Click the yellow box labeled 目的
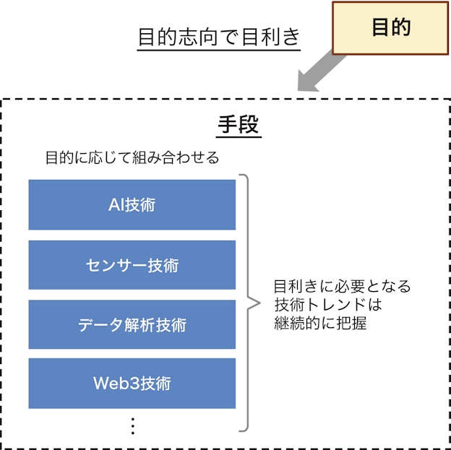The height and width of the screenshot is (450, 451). (390, 28)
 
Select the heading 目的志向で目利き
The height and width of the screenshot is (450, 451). (218, 38)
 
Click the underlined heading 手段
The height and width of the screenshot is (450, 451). (239, 125)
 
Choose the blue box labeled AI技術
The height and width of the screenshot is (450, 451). (132, 205)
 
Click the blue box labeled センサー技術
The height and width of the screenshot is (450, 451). (132, 265)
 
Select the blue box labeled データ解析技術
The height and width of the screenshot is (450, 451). (132, 325)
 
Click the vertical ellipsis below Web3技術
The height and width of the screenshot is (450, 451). (132, 426)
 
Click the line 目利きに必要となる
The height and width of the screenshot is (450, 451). (342, 286)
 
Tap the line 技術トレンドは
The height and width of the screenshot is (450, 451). (327, 304)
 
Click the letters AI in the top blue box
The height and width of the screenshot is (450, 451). (116, 205)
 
